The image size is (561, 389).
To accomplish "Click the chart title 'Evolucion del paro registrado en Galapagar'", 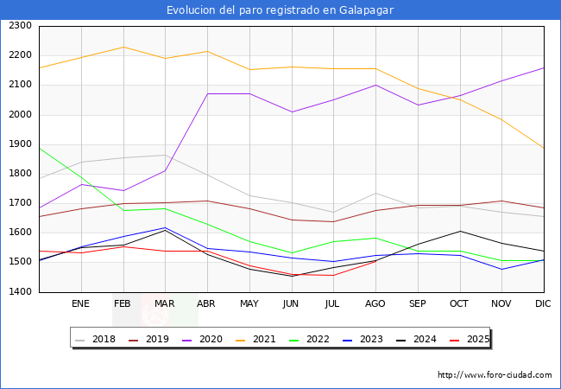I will (280, 10).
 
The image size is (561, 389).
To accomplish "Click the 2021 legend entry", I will (264, 339).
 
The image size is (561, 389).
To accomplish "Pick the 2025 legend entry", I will (476, 339).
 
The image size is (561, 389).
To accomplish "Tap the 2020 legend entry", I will (211, 339).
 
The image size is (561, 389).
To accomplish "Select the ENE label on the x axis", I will (80, 304).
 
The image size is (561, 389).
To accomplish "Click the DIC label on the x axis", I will (543, 304).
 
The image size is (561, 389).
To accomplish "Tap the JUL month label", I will (333, 304).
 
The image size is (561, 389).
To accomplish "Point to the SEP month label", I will (417, 304).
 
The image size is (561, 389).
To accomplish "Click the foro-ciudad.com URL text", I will (495, 375).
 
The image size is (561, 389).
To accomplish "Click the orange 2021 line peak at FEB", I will (123, 47).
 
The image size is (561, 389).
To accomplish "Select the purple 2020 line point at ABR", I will (207, 93).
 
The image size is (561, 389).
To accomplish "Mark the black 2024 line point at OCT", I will (459, 231).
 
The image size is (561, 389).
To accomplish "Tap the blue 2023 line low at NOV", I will (501, 269).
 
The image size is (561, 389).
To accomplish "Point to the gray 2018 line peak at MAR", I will (165, 156).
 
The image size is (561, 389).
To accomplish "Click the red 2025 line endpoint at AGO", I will (375, 260).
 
